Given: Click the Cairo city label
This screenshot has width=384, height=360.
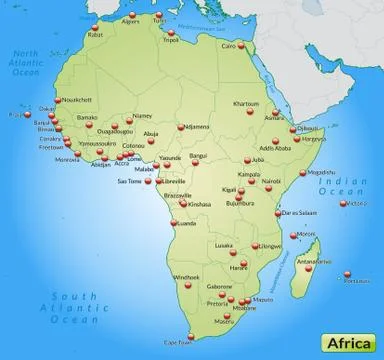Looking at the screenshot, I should (x=229, y=45).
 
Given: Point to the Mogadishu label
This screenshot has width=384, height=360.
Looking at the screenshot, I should (x=322, y=171).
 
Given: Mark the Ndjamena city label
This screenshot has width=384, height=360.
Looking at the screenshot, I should (x=197, y=126).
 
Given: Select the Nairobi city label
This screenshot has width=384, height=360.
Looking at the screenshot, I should (x=271, y=182).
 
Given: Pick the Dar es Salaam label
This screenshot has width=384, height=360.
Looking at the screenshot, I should (x=297, y=212).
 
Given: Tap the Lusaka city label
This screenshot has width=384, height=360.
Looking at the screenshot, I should (x=223, y=243).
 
